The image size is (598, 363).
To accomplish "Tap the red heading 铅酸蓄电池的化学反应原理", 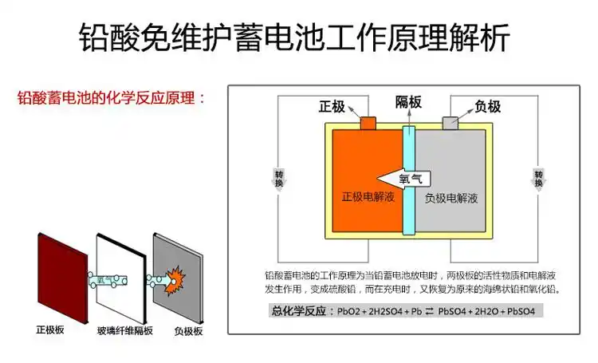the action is [x=111, y=99].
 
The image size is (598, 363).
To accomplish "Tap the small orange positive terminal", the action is [x=369, y=122].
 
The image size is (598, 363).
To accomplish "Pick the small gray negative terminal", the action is [x=451, y=122].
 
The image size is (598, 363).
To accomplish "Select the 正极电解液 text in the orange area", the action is [x=368, y=196].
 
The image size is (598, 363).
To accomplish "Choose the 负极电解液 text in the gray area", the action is [x=450, y=197].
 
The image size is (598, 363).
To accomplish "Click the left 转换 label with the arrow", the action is [x=278, y=180].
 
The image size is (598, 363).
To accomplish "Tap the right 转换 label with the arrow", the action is [x=539, y=180].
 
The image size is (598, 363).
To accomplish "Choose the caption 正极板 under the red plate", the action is [x=50, y=329].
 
